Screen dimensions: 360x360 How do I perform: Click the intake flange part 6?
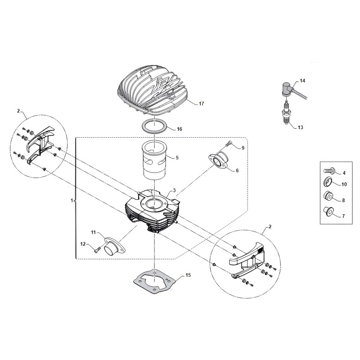point(220,162)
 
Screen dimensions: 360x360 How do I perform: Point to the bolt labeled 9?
point(231,144)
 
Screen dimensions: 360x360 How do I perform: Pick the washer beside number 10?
point(328,183)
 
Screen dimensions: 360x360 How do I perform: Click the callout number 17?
point(201,104)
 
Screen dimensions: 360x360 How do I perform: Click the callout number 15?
point(188,274)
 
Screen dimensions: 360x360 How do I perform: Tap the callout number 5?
point(177,158)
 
